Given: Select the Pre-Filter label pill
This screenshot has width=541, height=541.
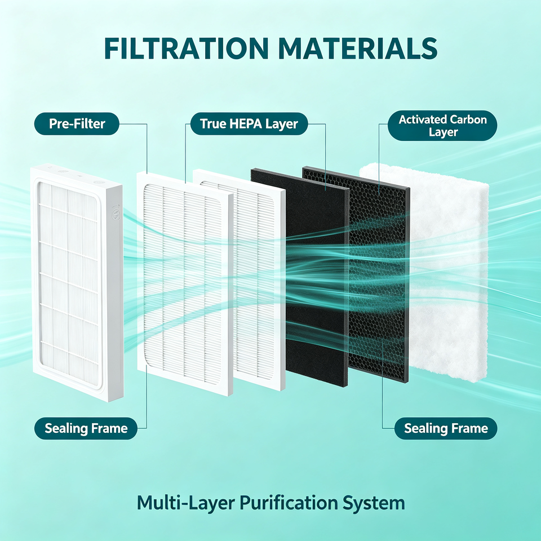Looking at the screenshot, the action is pos(77,124).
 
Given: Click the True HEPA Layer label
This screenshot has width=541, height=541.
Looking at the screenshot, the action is pos(249,124).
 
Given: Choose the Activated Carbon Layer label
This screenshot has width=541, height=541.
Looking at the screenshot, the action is pos(442,126).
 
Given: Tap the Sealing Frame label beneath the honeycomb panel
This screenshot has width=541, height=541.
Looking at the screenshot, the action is pos(446,428).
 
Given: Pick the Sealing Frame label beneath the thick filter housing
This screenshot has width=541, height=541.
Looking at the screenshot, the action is pos(86,428).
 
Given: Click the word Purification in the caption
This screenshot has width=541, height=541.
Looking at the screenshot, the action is pos(289,503).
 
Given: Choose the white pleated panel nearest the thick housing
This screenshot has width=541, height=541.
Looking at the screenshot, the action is pos(185,285).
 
